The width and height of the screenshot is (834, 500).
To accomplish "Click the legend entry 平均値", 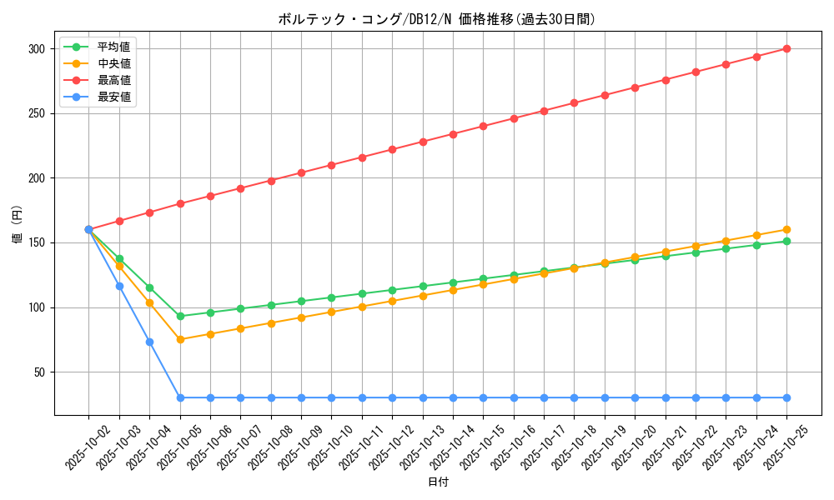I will pyautogui.click(x=114, y=47).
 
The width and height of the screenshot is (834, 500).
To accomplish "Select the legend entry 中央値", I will pyautogui.click(x=114, y=63).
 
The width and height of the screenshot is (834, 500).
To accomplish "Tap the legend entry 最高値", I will pyautogui.click(x=114, y=80).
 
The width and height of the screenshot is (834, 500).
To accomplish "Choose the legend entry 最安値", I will pyautogui.click(x=114, y=97).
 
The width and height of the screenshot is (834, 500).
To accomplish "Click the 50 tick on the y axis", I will pyautogui.click(x=38, y=372).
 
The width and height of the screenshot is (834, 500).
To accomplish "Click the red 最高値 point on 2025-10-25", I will pyautogui.click(x=786, y=48).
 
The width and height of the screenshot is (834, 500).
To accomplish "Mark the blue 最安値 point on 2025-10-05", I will pyautogui.click(x=180, y=397).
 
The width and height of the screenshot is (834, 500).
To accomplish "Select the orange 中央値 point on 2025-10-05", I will pyautogui.click(x=180, y=339).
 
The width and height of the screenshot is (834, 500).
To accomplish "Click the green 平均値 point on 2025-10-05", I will pyautogui.click(x=180, y=316).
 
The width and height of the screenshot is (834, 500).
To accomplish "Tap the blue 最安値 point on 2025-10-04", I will pyautogui.click(x=149, y=342).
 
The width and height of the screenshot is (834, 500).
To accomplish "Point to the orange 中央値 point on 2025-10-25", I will pyautogui.click(x=786, y=229).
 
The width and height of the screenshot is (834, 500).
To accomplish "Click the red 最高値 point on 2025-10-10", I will pyautogui.click(x=331, y=165).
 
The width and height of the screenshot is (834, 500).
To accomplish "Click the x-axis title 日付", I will pyautogui.click(x=438, y=482).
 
